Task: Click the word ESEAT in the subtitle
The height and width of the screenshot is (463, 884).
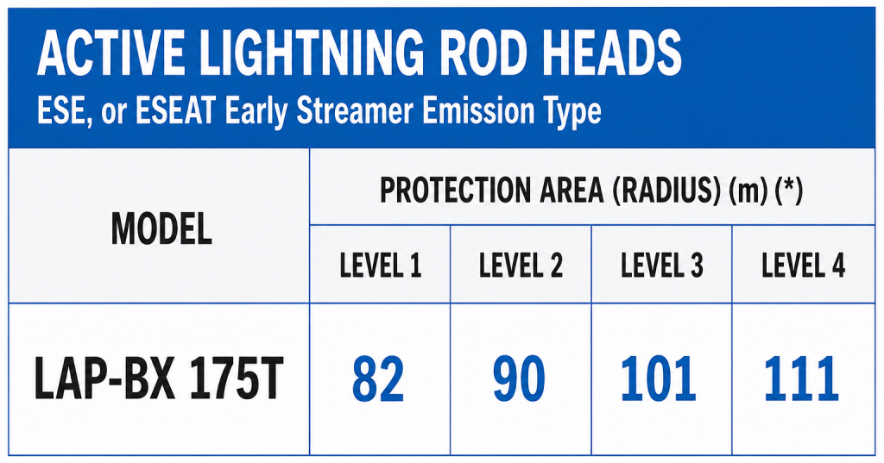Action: [x=174, y=111]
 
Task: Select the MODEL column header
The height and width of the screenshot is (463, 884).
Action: [x=161, y=229]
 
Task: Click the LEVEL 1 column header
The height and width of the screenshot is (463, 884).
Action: [x=380, y=266]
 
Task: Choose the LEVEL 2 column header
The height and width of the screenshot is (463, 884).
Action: [x=521, y=266]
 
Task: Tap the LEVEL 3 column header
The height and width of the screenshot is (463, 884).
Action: [x=661, y=266]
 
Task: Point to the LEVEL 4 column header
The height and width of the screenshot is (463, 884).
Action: [x=803, y=266]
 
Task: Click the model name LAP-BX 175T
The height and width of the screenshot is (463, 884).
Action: [x=159, y=379]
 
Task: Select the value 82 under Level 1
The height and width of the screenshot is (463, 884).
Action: [x=378, y=379]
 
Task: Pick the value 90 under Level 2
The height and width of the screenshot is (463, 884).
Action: [x=519, y=379]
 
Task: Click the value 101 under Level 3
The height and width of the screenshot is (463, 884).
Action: [x=659, y=379]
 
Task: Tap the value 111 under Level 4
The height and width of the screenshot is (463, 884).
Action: [x=801, y=379]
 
